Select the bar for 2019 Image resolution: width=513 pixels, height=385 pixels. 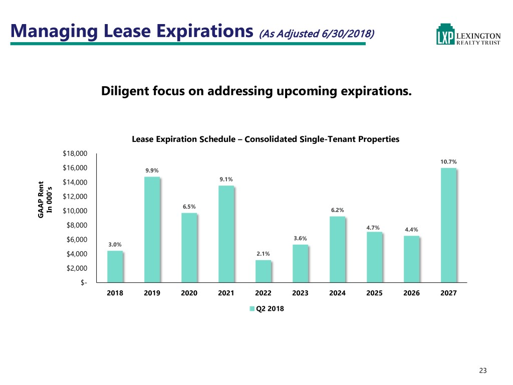point(152,230)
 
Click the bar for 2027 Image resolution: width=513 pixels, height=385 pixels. point(448,225)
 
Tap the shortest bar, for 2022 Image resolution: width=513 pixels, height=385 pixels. point(263,271)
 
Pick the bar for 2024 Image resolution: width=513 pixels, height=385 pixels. point(337,249)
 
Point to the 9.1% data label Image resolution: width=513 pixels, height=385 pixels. point(226,179)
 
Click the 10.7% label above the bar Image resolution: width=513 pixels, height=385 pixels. point(448,162)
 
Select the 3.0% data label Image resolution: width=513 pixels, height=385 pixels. point(115,245)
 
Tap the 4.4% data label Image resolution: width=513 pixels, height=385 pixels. point(411,230)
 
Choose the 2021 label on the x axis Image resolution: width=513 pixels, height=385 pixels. point(226,294)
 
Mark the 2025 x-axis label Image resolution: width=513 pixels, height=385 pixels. point(374,294)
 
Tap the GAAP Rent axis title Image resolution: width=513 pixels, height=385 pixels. point(42,199)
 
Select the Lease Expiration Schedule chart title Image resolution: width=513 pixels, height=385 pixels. point(265,140)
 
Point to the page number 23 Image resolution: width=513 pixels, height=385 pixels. point(483,370)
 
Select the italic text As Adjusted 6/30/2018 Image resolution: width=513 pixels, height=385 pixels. point(316,34)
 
